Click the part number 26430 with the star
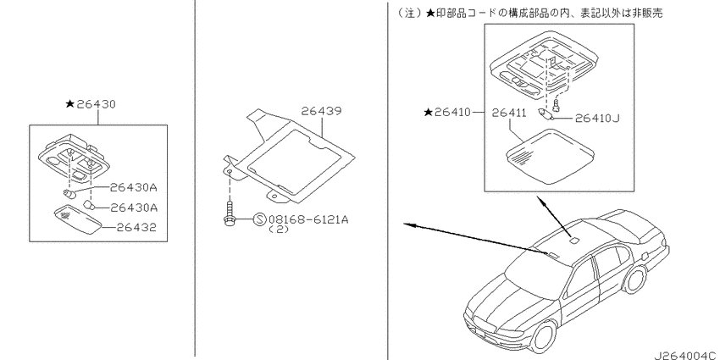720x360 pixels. (x=91, y=104)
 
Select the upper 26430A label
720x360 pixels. (x=134, y=187)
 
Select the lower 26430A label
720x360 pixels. (x=134, y=208)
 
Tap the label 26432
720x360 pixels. (x=136, y=227)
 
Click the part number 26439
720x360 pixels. (x=321, y=111)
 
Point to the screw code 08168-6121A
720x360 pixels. (x=308, y=219)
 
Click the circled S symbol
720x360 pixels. (x=259, y=219)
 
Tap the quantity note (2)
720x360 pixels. (x=279, y=230)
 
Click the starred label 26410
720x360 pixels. (x=448, y=112)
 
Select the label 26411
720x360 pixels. (x=510, y=112)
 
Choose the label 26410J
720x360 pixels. (x=597, y=119)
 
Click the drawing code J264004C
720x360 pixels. (x=684, y=356)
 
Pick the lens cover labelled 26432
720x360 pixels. (x=78, y=219)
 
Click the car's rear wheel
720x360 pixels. (x=635, y=280)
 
